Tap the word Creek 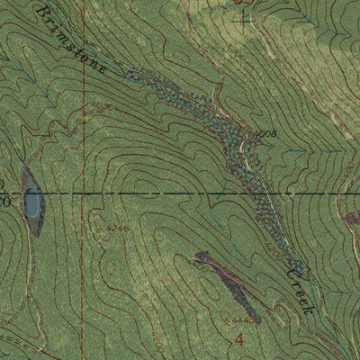click(297, 286)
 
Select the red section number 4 click(239, 338)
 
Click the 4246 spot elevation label click(116, 229)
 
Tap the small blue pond click(32, 204)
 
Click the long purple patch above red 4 click(227, 286)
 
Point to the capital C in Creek click(288, 266)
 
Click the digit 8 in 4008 click(271, 134)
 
